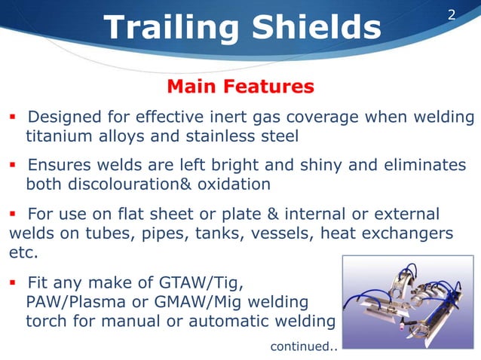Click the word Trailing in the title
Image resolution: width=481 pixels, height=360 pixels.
click(166, 28)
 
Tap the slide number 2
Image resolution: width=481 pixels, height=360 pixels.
click(452, 14)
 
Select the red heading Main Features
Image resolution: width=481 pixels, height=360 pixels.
click(240, 87)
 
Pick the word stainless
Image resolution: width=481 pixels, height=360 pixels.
click(220, 136)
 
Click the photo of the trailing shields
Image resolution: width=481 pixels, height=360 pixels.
click(406, 304)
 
